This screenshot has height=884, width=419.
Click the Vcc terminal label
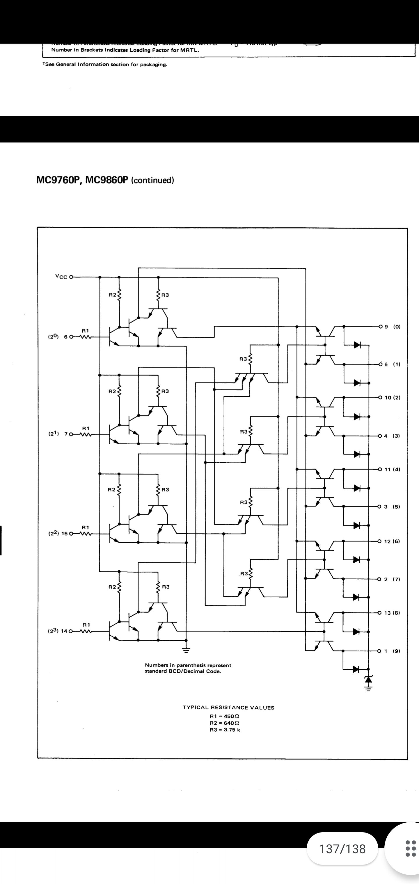click(x=61, y=277)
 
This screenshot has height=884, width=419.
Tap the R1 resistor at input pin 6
click(x=85, y=337)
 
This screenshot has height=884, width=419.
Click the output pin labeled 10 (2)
click(x=380, y=398)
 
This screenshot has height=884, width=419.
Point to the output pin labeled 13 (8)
click(x=379, y=613)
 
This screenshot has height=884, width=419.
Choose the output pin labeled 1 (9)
click(x=379, y=651)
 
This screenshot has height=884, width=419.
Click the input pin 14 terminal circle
click(x=71, y=631)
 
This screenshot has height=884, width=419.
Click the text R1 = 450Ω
click(x=225, y=716)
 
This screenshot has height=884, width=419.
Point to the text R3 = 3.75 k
click(x=225, y=730)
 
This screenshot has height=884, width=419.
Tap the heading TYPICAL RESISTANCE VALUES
click(x=228, y=707)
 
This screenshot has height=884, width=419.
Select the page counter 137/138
click(x=342, y=849)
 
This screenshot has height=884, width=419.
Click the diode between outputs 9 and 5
click(x=357, y=345)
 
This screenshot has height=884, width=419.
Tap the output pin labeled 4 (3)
click(x=380, y=436)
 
